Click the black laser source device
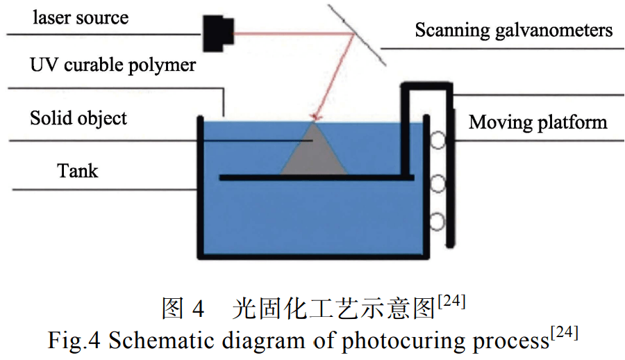(218, 33)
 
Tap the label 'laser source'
(81, 17)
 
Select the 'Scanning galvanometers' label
(513, 31)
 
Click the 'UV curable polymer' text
(112, 65)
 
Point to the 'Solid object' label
(78, 118)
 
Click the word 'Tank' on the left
(77, 171)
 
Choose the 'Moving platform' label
(537, 122)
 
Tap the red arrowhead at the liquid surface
(317, 117)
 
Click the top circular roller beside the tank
(437, 140)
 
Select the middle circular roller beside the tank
(437, 183)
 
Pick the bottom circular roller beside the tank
(437, 222)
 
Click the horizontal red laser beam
(294, 33)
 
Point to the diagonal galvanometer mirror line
(357, 35)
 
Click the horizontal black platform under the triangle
(317, 177)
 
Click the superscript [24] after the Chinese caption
(451, 301)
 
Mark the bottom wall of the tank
(313, 256)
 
